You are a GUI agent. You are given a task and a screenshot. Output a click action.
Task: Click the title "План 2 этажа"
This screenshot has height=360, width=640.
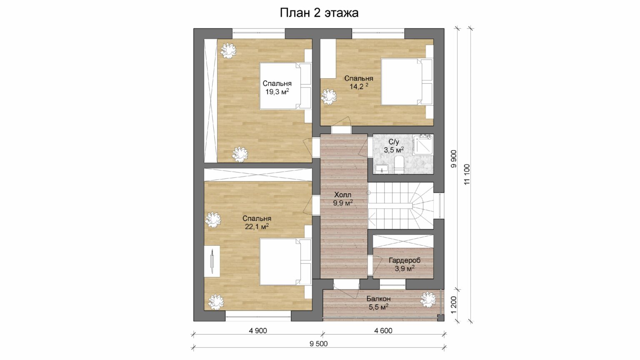coord(319,13)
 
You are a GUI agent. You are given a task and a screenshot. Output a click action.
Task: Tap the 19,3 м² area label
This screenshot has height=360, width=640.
coord(277,91)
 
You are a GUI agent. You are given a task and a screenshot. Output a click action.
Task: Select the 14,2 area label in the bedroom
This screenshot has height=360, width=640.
coord(359,86)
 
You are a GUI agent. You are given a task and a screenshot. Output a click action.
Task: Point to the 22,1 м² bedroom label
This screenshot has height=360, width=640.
coord(257,226)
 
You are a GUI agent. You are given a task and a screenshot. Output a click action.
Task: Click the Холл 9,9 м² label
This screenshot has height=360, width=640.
coord(343,199)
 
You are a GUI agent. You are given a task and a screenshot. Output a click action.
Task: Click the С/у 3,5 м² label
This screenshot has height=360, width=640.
coord(394,146)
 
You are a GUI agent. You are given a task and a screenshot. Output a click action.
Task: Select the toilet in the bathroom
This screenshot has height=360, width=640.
coord(399,165)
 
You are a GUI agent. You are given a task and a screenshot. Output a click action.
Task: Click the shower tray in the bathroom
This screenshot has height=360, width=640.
coord(423,145)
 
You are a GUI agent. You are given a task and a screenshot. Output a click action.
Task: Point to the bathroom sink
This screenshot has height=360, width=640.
coord(381,169)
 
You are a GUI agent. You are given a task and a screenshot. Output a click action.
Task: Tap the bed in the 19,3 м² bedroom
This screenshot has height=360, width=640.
coord(285,86)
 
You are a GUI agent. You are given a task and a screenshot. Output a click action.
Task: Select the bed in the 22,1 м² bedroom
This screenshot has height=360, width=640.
coord(285,262)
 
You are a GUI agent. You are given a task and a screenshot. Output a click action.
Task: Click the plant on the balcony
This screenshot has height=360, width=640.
coord(428,300)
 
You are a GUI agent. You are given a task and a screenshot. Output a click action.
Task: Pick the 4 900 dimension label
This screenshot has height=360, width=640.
coord(258,331)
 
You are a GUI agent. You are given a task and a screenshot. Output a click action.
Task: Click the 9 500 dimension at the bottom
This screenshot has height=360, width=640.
coord(319,344)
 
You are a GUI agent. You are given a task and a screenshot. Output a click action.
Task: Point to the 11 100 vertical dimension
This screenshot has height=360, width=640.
coord(467,174)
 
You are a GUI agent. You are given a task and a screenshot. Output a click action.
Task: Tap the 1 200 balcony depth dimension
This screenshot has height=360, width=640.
coord(454,305)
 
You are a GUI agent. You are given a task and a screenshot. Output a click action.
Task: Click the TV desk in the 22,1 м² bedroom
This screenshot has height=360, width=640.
coord(212,261)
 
